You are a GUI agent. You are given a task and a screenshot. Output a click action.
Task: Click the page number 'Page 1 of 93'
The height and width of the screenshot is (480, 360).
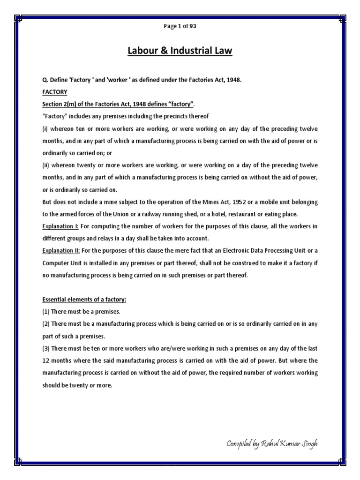[x=180, y=26]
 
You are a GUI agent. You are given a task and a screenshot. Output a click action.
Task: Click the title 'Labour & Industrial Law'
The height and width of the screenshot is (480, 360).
[x=180, y=50]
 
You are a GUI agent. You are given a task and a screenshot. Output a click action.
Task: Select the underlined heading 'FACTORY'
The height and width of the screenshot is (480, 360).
[x=55, y=92]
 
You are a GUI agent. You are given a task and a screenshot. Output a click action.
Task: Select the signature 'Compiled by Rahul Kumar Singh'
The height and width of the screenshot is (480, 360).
[x=272, y=443]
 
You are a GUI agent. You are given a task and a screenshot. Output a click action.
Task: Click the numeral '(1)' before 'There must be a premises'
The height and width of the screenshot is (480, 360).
[x=46, y=312]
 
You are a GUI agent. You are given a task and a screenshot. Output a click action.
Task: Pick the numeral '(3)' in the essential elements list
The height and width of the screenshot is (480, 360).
[x=46, y=348]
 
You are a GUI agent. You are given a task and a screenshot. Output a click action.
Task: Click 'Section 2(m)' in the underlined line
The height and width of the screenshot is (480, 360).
[x=60, y=104]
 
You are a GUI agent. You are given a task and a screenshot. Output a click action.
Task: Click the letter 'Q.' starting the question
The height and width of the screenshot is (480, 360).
[x=45, y=80]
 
